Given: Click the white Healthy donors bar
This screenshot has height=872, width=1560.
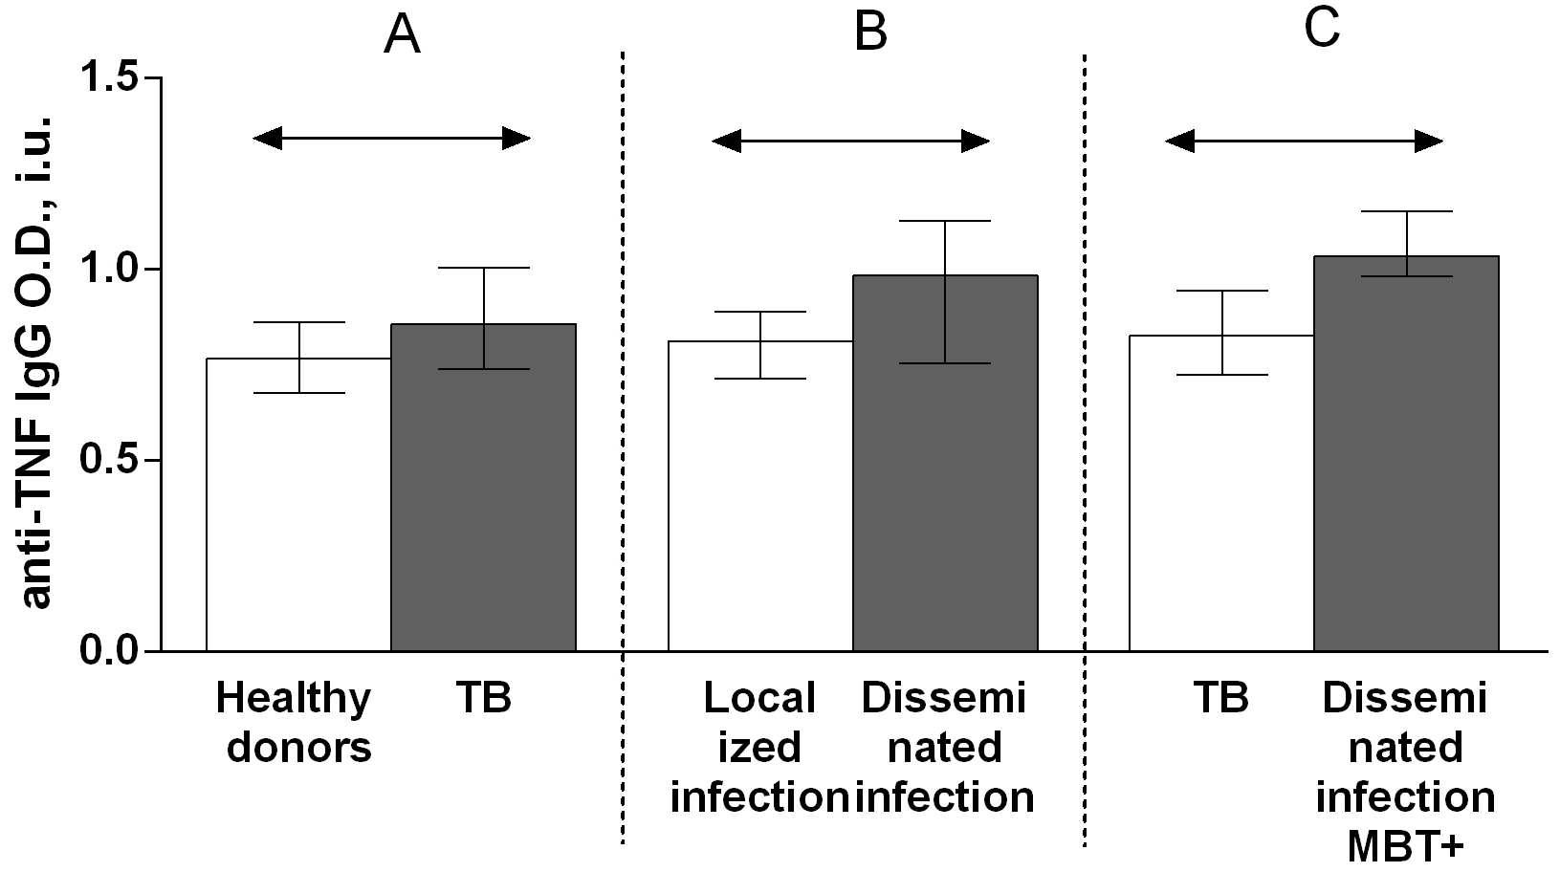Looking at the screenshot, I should (298, 516).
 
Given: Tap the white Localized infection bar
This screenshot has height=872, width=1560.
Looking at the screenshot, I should (759, 507).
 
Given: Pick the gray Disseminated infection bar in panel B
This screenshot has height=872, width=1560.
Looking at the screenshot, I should (944, 478).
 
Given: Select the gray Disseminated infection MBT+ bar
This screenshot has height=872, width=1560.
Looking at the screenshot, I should (1405, 469).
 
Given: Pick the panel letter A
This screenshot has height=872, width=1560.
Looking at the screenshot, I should (402, 36).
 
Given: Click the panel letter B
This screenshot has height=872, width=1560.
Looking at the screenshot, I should (870, 33).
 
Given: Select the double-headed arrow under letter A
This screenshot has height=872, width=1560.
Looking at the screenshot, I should (391, 139).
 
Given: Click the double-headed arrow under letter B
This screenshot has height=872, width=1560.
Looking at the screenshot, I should (850, 142).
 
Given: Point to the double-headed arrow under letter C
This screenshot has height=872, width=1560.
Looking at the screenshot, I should (1304, 142).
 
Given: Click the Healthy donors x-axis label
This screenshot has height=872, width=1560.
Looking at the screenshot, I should (295, 722).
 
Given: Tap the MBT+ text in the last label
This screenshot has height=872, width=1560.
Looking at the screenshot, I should (1406, 845).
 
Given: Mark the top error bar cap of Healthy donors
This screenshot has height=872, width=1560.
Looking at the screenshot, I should (298, 323).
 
